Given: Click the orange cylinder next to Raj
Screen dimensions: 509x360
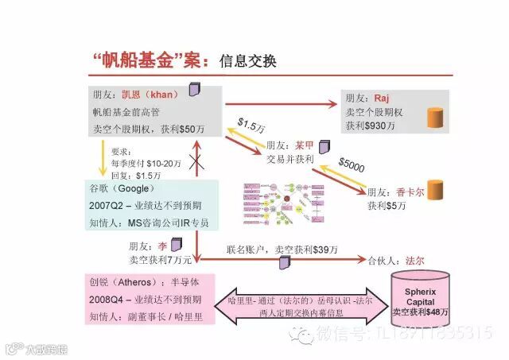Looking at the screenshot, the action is tap(435, 118).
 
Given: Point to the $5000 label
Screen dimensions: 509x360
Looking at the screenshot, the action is tap(351, 165).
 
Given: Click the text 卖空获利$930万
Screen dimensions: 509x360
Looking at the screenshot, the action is tap(372, 126).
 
